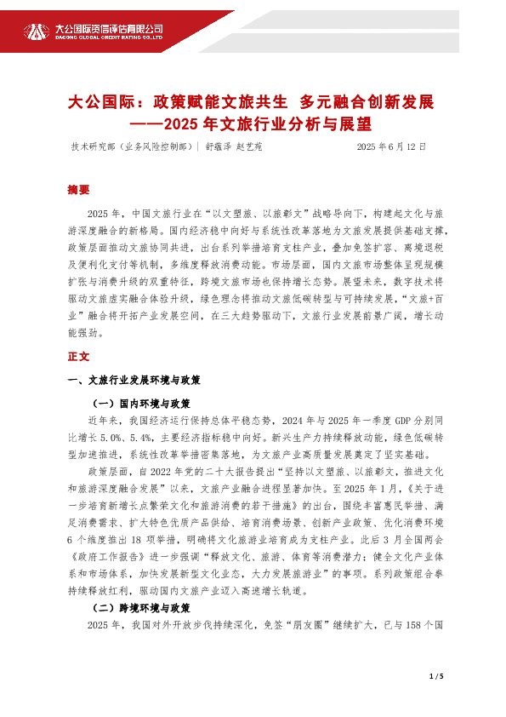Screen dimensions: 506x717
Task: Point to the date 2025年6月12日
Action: pos(390,146)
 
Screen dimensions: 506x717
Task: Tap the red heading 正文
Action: pos(77,356)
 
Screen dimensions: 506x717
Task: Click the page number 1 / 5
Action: pos(438,676)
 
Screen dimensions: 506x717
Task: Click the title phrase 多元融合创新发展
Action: pos(367,103)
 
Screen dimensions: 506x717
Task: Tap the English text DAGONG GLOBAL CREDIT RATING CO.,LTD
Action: pos(109,37)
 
